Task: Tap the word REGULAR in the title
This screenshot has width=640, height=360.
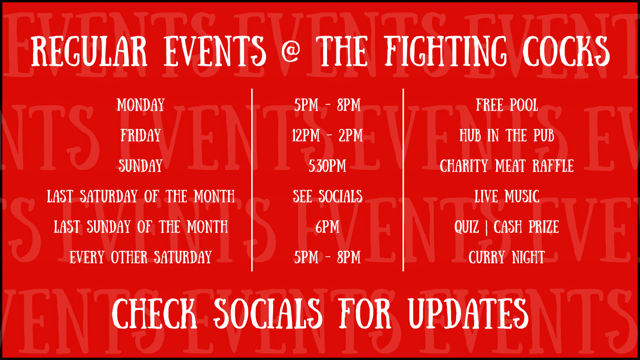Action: click(x=89, y=52)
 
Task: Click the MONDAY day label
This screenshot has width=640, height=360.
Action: click(x=141, y=105)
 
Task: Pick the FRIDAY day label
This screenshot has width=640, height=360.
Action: click(x=141, y=135)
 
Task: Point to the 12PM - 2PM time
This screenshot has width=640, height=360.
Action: click(x=327, y=135)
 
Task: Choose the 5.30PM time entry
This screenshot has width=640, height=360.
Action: click(x=327, y=166)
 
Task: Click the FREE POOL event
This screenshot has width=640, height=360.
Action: click(x=507, y=105)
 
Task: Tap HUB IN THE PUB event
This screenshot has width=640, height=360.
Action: click(x=507, y=135)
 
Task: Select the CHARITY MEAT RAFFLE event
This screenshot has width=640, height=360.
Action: click(x=507, y=166)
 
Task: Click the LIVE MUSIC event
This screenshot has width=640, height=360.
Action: click(x=507, y=196)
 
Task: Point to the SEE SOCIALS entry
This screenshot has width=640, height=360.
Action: click(x=327, y=196)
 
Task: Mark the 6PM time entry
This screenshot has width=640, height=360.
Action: click(x=327, y=227)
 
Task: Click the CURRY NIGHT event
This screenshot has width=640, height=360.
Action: click(x=507, y=257)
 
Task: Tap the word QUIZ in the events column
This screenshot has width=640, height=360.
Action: click(x=467, y=227)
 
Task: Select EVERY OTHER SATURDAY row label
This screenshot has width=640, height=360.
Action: click(x=141, y=257)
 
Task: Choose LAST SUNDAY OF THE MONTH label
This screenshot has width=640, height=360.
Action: click(x=141, y=227)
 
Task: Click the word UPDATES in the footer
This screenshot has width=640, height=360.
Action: click(x=468, y=313)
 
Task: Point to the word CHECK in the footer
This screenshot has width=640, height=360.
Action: click(x=154, y=313)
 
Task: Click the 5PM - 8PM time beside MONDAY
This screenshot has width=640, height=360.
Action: click(x=327, y=105)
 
